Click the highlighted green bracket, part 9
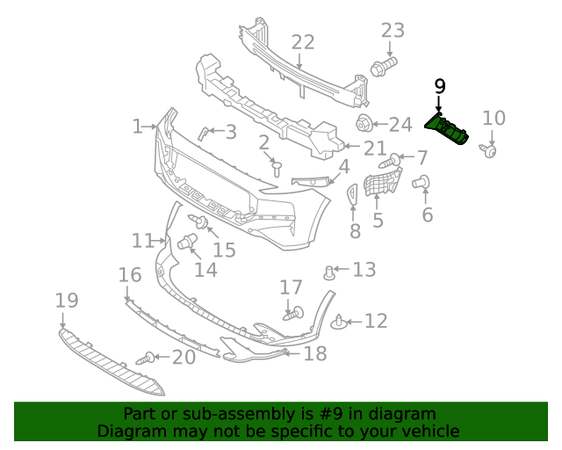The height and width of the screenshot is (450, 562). coord(449,129)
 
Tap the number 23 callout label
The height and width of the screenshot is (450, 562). coord(393,31)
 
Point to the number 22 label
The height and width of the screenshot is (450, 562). coord(302,42)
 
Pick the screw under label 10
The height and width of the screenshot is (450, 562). coord(490,151)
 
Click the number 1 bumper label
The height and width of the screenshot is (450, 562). coord(137,127)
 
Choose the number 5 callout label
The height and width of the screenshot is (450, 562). coord(378,220)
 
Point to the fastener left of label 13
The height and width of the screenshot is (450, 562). coord(330,271)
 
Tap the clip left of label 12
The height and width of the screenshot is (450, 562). coord(340,324)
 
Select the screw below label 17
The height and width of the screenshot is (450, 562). coord(292,312)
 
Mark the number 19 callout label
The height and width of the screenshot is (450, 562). coord(67,301)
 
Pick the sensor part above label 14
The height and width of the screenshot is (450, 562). coord(187,243)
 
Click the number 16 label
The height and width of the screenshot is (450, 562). coord(130,275)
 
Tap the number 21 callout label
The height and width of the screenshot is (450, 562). coord(375,148)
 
